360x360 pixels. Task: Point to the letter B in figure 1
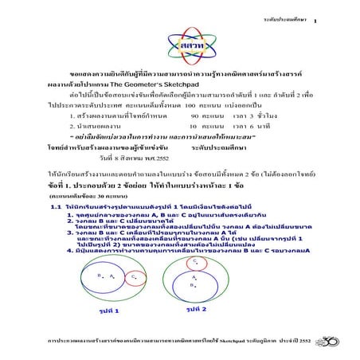[100, 276]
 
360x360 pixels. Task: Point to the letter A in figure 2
[194, 277]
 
